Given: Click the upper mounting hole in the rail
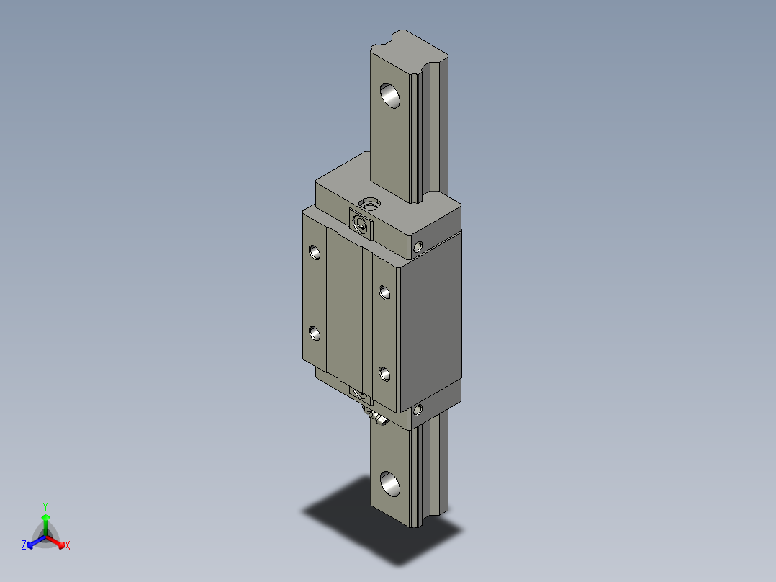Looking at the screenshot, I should [x=390, y=95].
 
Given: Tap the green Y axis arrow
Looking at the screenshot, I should [x=45, y=520].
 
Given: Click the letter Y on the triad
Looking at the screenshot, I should [x=45, y=506].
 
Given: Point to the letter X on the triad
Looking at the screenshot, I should [x=68, y=546].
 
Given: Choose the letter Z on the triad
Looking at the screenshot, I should [x=24, y=546].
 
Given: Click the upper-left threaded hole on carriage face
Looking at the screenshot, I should [x=314, y=251].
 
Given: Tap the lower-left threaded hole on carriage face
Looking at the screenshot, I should [x=314, y=333].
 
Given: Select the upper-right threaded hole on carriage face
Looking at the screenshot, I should [x=384, y=292].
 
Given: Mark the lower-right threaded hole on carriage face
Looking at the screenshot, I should [x=384, y=373].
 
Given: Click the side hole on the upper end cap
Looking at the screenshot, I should [x=419, y=246].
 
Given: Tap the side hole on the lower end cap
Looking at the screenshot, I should [x=419, y=411].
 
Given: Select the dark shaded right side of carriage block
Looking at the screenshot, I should [x=430, y=324].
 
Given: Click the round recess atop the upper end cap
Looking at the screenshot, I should [x=371, y=205].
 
